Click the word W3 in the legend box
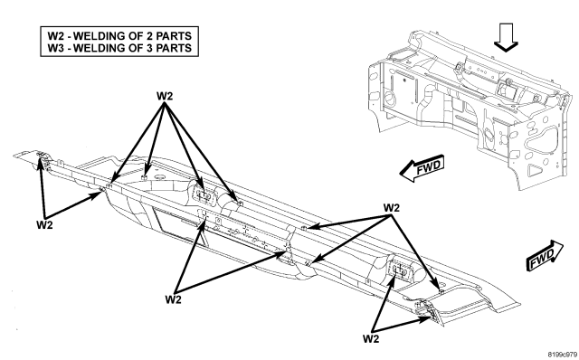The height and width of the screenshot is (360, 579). (55, 48)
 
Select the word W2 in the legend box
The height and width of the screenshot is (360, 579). (55, 36)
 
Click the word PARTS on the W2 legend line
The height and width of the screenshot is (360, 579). (174, 36)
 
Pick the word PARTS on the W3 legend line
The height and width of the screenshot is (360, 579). (174, 48)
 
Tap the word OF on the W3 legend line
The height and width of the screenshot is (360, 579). (137, 48)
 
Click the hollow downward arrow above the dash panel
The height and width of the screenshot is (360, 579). (506, 37)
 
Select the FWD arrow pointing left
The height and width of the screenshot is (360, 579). (422, 169)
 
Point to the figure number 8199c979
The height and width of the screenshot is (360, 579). (562, 354)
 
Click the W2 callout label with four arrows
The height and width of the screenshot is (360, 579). (165, 96)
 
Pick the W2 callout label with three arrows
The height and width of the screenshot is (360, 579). (392, 208)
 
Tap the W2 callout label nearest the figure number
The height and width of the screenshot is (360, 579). (371, 338)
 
